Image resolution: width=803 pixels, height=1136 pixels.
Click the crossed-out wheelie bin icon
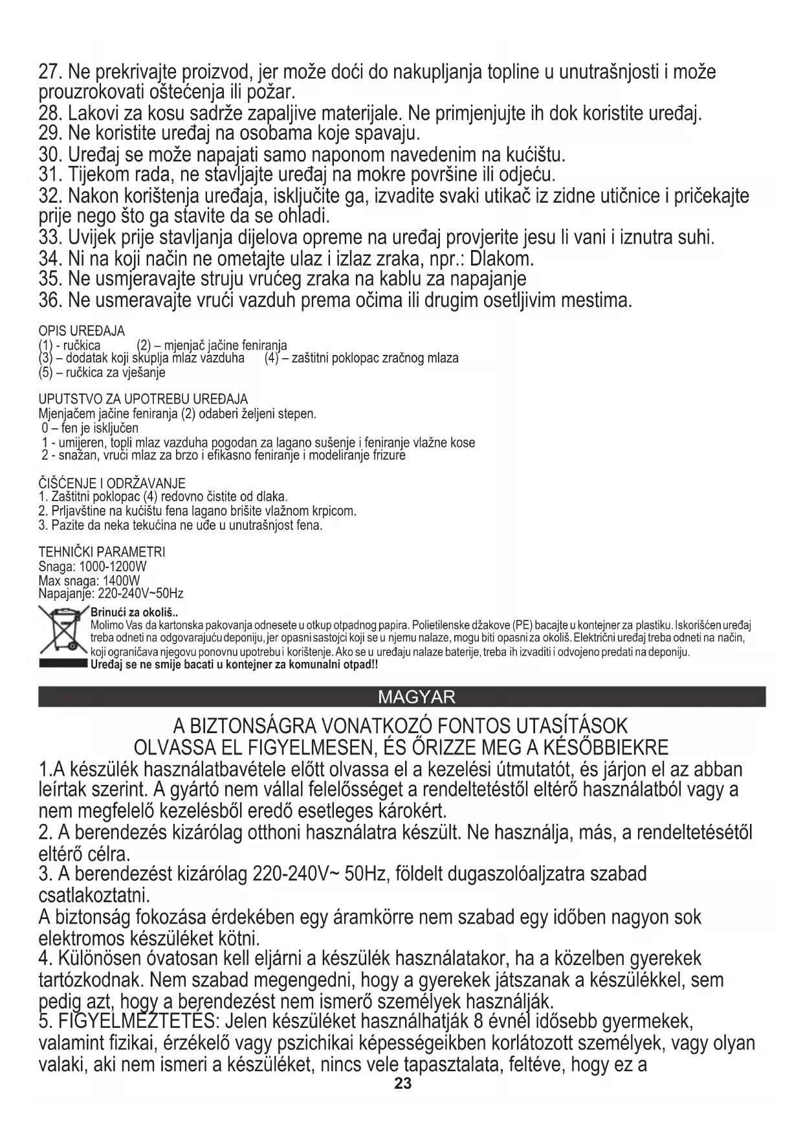tap(62, 630)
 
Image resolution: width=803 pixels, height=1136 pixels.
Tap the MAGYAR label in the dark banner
tap(416, 697)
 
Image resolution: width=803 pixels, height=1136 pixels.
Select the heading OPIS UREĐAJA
tap(82, 332)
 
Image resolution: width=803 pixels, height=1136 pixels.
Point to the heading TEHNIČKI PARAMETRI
tap(102, 552)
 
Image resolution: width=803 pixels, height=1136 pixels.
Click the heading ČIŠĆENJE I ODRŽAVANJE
tap(112, 483)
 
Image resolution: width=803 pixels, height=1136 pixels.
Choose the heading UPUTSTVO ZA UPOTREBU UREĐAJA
tap(143, 399)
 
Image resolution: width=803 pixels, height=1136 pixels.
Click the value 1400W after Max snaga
tap(121, 580)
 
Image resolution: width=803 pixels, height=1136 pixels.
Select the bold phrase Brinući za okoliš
tap(133, 613)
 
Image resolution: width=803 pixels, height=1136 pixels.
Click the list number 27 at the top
tap(49, 72)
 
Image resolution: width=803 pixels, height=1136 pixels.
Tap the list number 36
tap(49, 301)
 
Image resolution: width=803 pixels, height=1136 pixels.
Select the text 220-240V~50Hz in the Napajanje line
tap(140, 594)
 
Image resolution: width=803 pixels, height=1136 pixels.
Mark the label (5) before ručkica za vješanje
tap(45, 372)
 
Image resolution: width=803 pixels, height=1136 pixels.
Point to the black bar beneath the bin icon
tap(62, 664)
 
